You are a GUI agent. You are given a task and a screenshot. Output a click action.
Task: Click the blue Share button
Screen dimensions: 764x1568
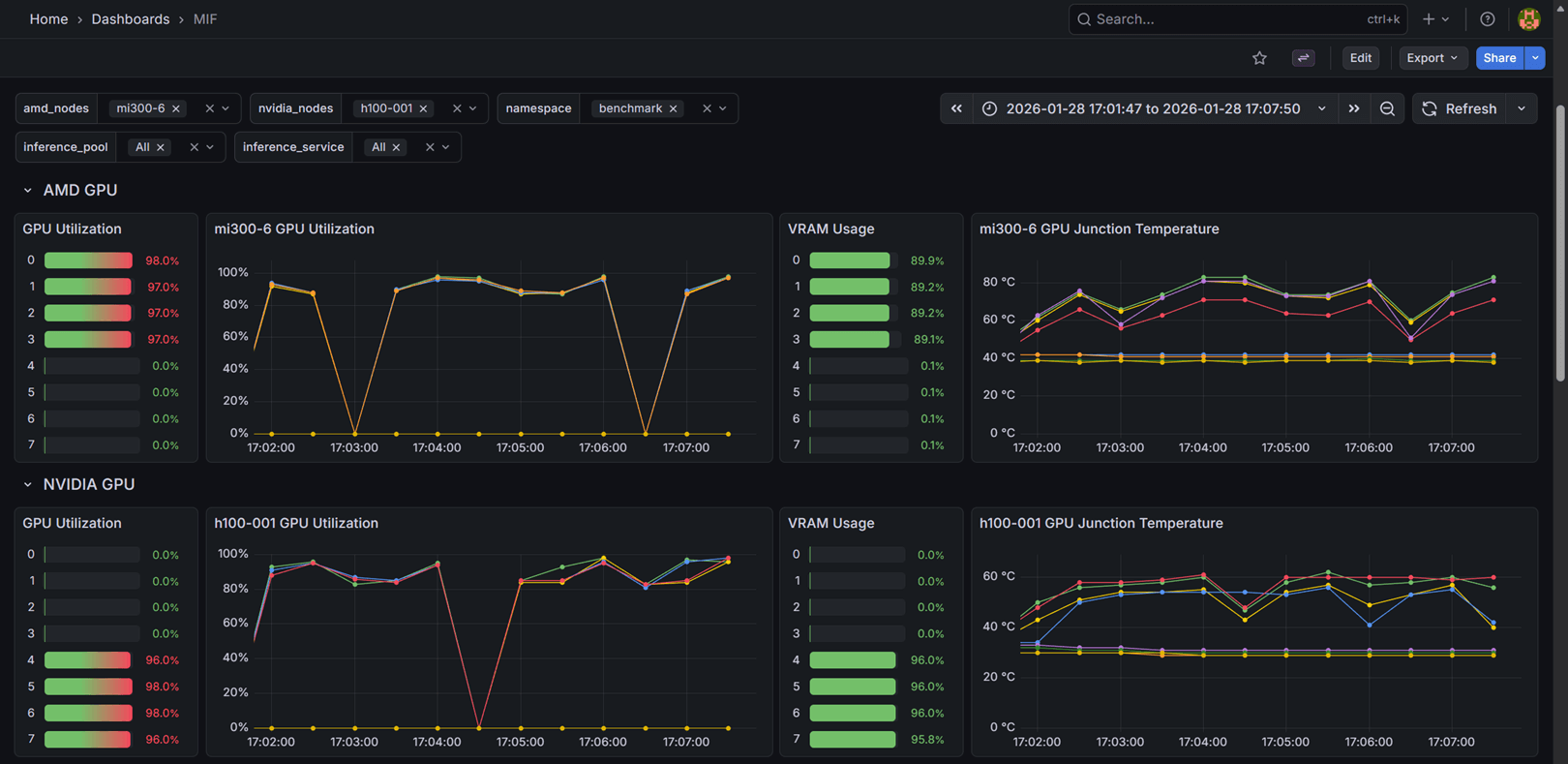tap(1499, 58)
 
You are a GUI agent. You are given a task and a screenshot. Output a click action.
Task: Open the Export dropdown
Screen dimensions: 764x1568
tap(1432, 58)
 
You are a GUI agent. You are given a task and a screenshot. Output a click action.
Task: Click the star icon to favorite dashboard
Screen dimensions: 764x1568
tap(1259, 58)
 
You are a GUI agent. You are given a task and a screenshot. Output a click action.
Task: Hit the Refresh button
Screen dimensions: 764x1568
tap(1460, 108)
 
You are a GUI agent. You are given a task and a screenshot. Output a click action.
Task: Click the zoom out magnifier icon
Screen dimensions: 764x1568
tap(1387, 108)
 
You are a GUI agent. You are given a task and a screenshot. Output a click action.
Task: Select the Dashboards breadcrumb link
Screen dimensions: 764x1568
tap(130, 19)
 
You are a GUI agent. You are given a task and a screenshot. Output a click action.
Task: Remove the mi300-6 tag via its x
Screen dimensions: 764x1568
tap(176, 108)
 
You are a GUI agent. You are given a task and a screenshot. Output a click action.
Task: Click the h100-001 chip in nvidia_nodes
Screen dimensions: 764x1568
tap(385, 108)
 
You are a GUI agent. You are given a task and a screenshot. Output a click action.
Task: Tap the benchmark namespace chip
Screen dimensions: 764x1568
tap(629, 108)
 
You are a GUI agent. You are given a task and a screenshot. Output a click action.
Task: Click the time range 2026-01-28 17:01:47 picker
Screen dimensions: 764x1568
tap(1152, 108)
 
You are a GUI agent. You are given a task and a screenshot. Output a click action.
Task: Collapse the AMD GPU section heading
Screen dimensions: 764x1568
tap(79, 191)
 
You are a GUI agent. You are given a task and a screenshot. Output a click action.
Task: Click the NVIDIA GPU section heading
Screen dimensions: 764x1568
tap(88, 484)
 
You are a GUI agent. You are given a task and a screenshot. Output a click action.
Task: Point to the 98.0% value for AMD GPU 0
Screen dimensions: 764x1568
tap(162, 260)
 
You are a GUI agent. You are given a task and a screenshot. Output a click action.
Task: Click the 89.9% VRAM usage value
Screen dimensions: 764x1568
tap(926, 260)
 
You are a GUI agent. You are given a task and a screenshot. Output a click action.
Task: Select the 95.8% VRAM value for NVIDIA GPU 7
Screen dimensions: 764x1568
tap(926, 739)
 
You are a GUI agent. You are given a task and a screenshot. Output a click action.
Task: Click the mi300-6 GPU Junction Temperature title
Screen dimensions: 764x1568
tap(1099, 229)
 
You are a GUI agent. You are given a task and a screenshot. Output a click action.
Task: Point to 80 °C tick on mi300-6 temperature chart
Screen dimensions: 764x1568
tap(998, 282)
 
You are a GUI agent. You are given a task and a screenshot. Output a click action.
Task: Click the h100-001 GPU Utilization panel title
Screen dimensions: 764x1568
tap(295, 523)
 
